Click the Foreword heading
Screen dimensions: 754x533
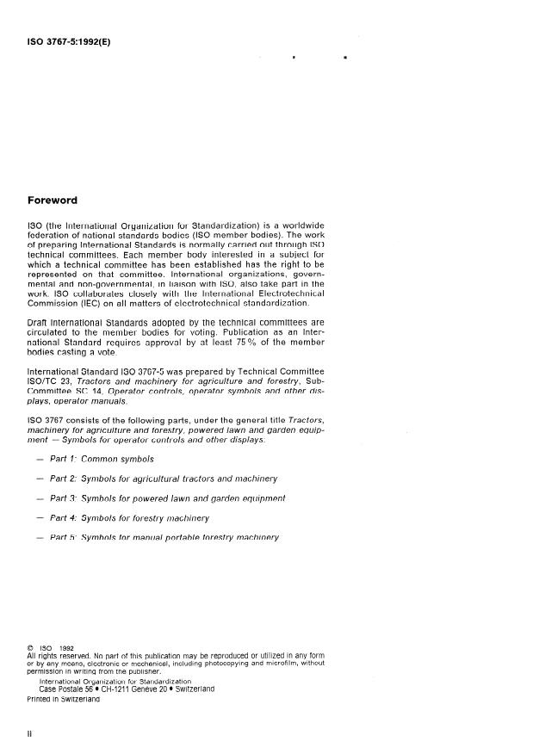[53, 201]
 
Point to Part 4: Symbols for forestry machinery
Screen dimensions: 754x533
[129, 519]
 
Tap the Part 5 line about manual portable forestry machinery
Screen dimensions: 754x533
[164, 538]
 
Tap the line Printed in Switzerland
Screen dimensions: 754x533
[64, 699]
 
